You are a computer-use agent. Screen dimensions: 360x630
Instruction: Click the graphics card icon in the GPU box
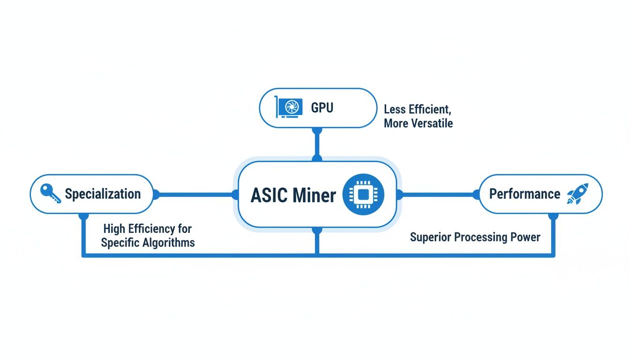tap(287, 107)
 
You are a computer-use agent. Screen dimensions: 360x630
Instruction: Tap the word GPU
tap(322, 108)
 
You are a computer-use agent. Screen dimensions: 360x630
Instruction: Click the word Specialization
tap(103, 194)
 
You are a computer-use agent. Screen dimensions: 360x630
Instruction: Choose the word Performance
tap(525, 194)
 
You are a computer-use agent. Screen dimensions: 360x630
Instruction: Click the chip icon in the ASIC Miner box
tap(363, 195)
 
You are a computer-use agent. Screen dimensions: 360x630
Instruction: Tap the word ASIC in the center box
tap(269, 195)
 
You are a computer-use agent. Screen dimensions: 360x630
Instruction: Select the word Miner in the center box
tap(315, 195)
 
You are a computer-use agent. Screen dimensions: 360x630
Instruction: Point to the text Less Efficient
tap(417, 110)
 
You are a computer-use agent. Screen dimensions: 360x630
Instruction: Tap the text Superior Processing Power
tap(475, 237)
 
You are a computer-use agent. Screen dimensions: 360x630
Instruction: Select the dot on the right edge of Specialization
tap(156, 194)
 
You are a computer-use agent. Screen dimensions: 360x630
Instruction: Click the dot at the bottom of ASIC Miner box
tap(317, 230)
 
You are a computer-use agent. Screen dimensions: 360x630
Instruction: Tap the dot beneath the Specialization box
tap(83, 216)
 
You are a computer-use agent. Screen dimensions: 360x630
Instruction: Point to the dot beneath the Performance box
tap(553, 216)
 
